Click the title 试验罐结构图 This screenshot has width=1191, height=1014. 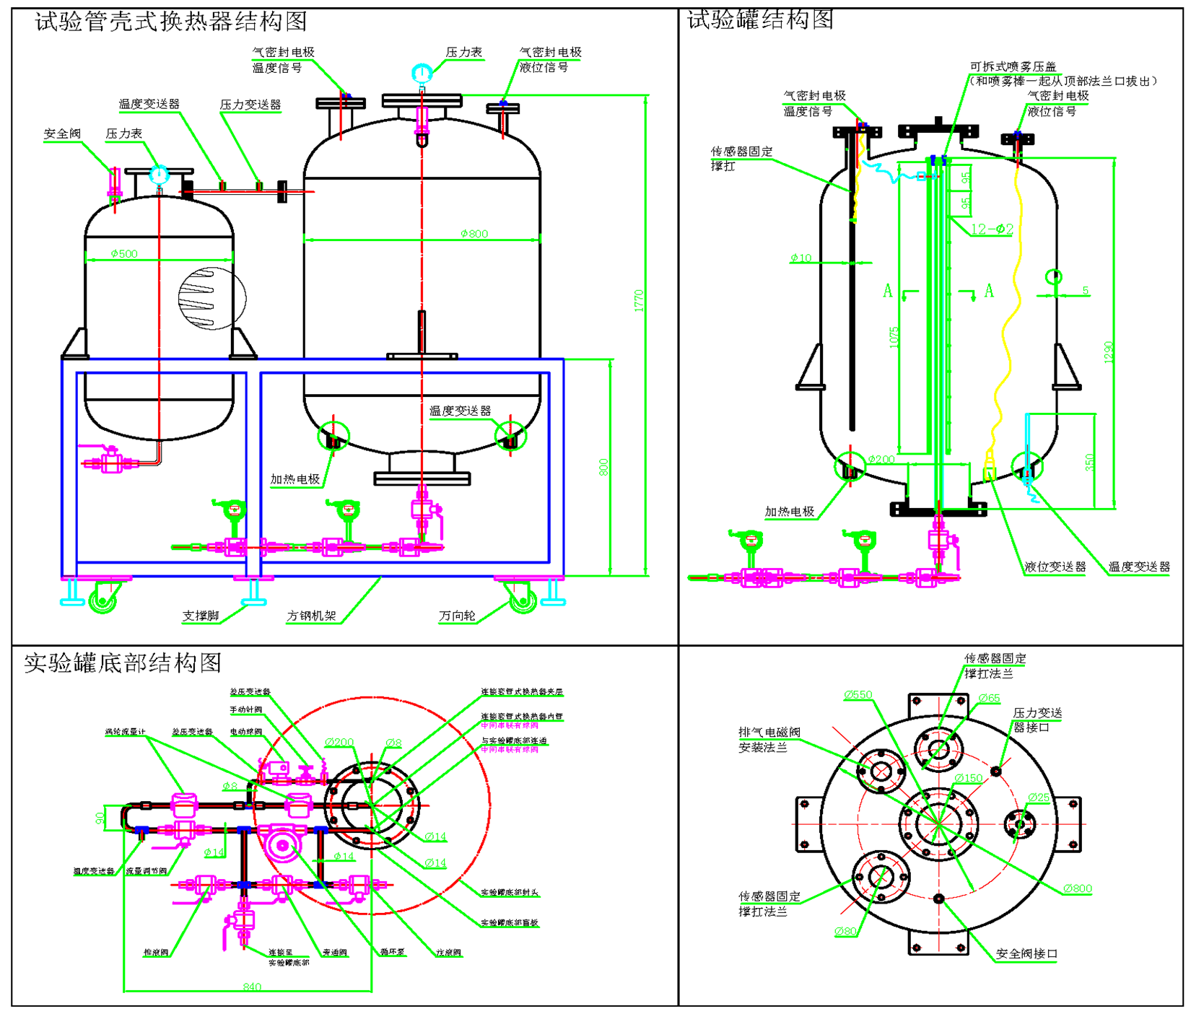[x=760, y=19]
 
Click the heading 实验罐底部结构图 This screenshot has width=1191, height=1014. [x=123, y=663]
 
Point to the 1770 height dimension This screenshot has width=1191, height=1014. [x=639, y=300]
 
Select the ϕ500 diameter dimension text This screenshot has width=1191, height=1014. [x=124, y=254]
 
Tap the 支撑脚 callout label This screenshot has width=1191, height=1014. [x=201, y=616]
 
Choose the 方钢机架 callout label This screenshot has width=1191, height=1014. [x=312, y=616]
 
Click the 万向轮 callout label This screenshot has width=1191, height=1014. [x=457, y=616]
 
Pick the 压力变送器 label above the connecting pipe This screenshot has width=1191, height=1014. [x=250, y=105]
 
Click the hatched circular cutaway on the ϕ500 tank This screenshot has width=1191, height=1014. [x=211, y=297]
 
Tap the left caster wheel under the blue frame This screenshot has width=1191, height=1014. [x=102, y=600]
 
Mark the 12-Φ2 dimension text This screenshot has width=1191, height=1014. [x=992, y=229]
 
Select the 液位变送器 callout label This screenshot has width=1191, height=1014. [x=1055, y=567]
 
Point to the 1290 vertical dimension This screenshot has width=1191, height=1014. [x=1109, y=351]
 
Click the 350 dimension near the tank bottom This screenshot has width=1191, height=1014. [x=1089, y=462]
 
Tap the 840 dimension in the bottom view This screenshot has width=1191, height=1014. [x=252, y=987]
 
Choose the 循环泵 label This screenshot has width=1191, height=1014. [x=393, y=952]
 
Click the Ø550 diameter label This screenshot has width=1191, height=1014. [x=858, y=695]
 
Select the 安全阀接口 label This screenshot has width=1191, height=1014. [x=1026, y=953]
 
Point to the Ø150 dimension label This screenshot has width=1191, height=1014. [x=969, y=778]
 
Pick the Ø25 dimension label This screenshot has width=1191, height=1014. [x=1039, y=797]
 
